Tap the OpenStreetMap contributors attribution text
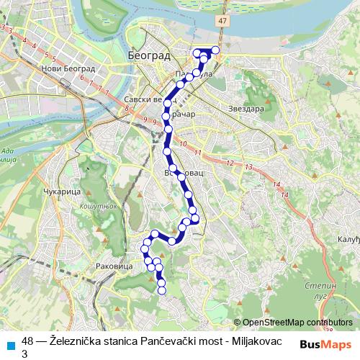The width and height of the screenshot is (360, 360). click(297, 323)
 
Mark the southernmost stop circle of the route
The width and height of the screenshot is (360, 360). click(161, 291)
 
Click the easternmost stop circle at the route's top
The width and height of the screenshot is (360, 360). click(215, 50)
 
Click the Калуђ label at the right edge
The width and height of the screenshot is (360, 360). click(348, 238)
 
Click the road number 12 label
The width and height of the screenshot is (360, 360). click(232, 163)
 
